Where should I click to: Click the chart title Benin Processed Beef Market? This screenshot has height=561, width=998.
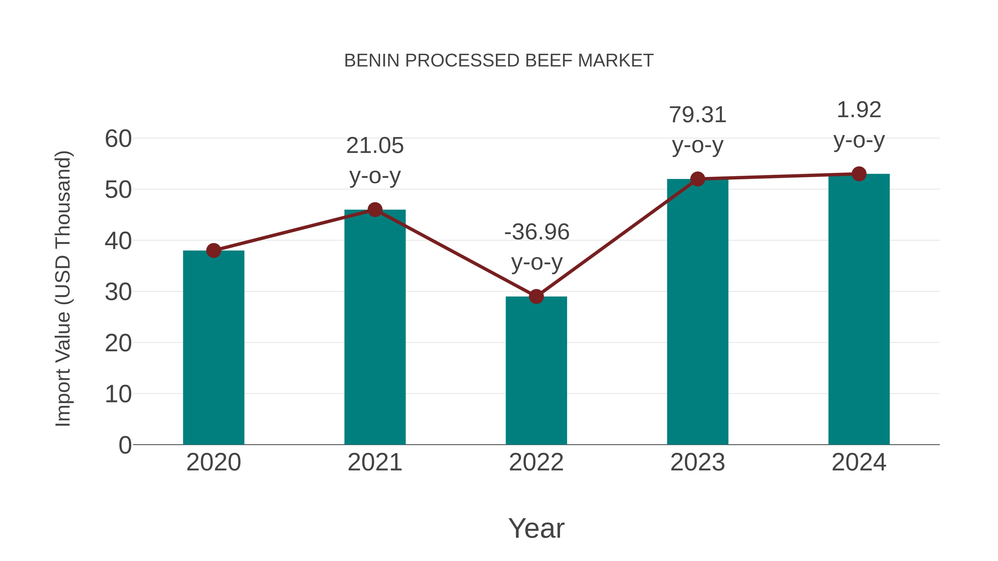499,61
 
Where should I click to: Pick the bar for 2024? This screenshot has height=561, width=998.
859,309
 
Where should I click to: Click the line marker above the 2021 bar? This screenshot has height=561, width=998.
375,210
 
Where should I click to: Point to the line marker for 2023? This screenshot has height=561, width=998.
697,179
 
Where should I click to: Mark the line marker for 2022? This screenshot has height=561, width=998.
536,296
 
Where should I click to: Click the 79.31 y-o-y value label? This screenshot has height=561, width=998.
697,115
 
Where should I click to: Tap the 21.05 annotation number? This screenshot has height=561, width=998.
375,146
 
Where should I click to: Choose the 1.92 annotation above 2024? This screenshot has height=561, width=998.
859,110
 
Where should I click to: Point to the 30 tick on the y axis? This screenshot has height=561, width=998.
118,292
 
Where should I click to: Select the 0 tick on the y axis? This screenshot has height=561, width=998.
125,445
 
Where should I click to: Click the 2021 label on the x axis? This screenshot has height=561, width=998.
375,462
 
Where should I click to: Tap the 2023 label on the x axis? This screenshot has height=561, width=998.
697,462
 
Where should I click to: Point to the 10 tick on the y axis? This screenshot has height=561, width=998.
118,394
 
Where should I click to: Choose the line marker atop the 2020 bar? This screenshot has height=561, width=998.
213,250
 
